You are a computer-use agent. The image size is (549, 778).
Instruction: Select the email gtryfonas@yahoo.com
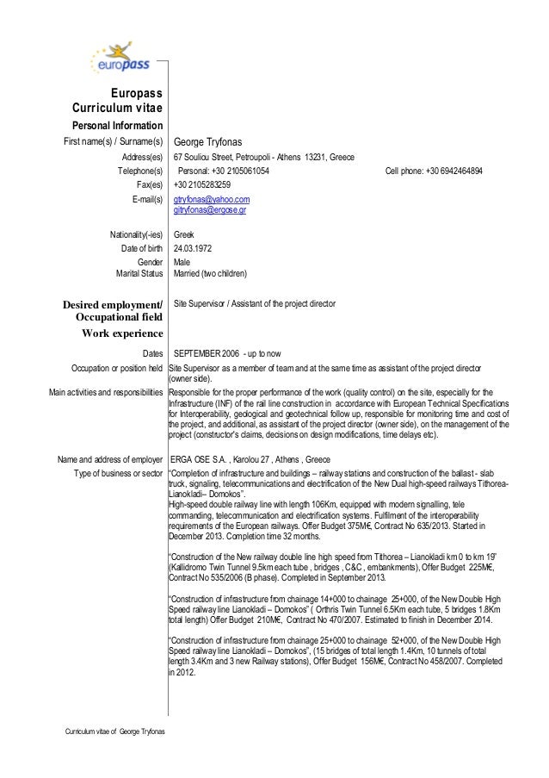[212, 199]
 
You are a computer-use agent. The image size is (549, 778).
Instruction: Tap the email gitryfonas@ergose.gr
[210, 209]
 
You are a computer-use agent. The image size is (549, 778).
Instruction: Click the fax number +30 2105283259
[202, 184]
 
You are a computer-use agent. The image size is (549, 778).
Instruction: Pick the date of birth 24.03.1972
[193, 248]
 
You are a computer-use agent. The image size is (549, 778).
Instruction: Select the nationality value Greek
[184, 234]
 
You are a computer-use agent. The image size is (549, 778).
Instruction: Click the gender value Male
[182, 262]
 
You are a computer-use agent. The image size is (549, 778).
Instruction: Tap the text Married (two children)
[210, 274]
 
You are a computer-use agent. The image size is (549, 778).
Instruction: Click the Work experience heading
[122, 333]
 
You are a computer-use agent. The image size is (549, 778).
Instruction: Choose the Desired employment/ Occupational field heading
[113, 311]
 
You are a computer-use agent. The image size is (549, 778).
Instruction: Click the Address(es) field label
[142, 157]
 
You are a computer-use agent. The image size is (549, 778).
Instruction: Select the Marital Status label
[139, 274]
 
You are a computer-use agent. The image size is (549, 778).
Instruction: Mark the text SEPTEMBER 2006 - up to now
[226, 353]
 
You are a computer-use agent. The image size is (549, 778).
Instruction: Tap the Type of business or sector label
[118, 473]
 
